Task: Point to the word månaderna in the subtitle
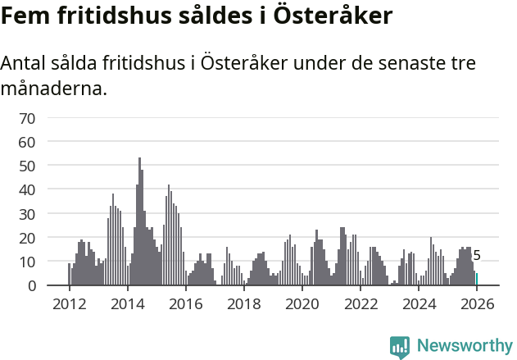[54, 88]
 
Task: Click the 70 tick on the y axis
[27, 118]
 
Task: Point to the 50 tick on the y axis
[27, 166]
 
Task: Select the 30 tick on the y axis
[27, 214]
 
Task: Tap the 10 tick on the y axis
[27, 262]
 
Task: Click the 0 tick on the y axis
[31, 285]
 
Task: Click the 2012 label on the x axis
[69, 304]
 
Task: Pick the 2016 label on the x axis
[185, 304]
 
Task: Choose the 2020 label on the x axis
[302, 304]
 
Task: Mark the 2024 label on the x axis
[419, 304]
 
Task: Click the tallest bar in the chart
[139, 221]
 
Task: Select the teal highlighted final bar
[477, 280]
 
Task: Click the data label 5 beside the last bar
[477, 256]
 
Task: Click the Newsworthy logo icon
[400, 347]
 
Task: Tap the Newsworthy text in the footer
[464, 346]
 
